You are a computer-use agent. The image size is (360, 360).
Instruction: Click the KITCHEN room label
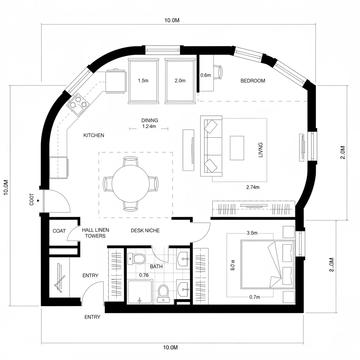[94, 135]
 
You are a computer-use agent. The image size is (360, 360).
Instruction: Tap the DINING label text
[149, 121]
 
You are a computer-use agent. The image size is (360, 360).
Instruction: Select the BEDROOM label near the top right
[253, 81]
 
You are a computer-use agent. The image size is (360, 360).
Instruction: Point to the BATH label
[156, 266]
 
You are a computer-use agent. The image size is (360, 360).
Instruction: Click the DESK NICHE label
[145, 231]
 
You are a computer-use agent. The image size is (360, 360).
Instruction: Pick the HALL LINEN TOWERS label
[95, 233]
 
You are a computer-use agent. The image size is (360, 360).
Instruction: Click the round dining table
[130, 184]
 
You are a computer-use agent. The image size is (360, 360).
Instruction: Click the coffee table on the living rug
[237, 148]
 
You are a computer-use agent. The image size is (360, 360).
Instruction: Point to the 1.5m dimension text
[143, 81]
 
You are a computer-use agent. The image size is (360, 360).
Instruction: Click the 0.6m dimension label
[205, 75]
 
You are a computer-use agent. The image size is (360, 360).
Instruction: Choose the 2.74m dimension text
[252, 187]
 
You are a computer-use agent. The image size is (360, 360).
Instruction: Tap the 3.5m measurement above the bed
[252, 233]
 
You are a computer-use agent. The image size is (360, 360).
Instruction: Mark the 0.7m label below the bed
[254, 297]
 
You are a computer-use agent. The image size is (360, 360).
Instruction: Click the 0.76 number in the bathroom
[144, 275]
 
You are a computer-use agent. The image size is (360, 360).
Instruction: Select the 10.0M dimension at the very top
[172, 20]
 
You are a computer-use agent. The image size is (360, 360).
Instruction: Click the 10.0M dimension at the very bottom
[171, 348]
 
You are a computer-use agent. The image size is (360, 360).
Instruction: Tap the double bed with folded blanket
[267, 264]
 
